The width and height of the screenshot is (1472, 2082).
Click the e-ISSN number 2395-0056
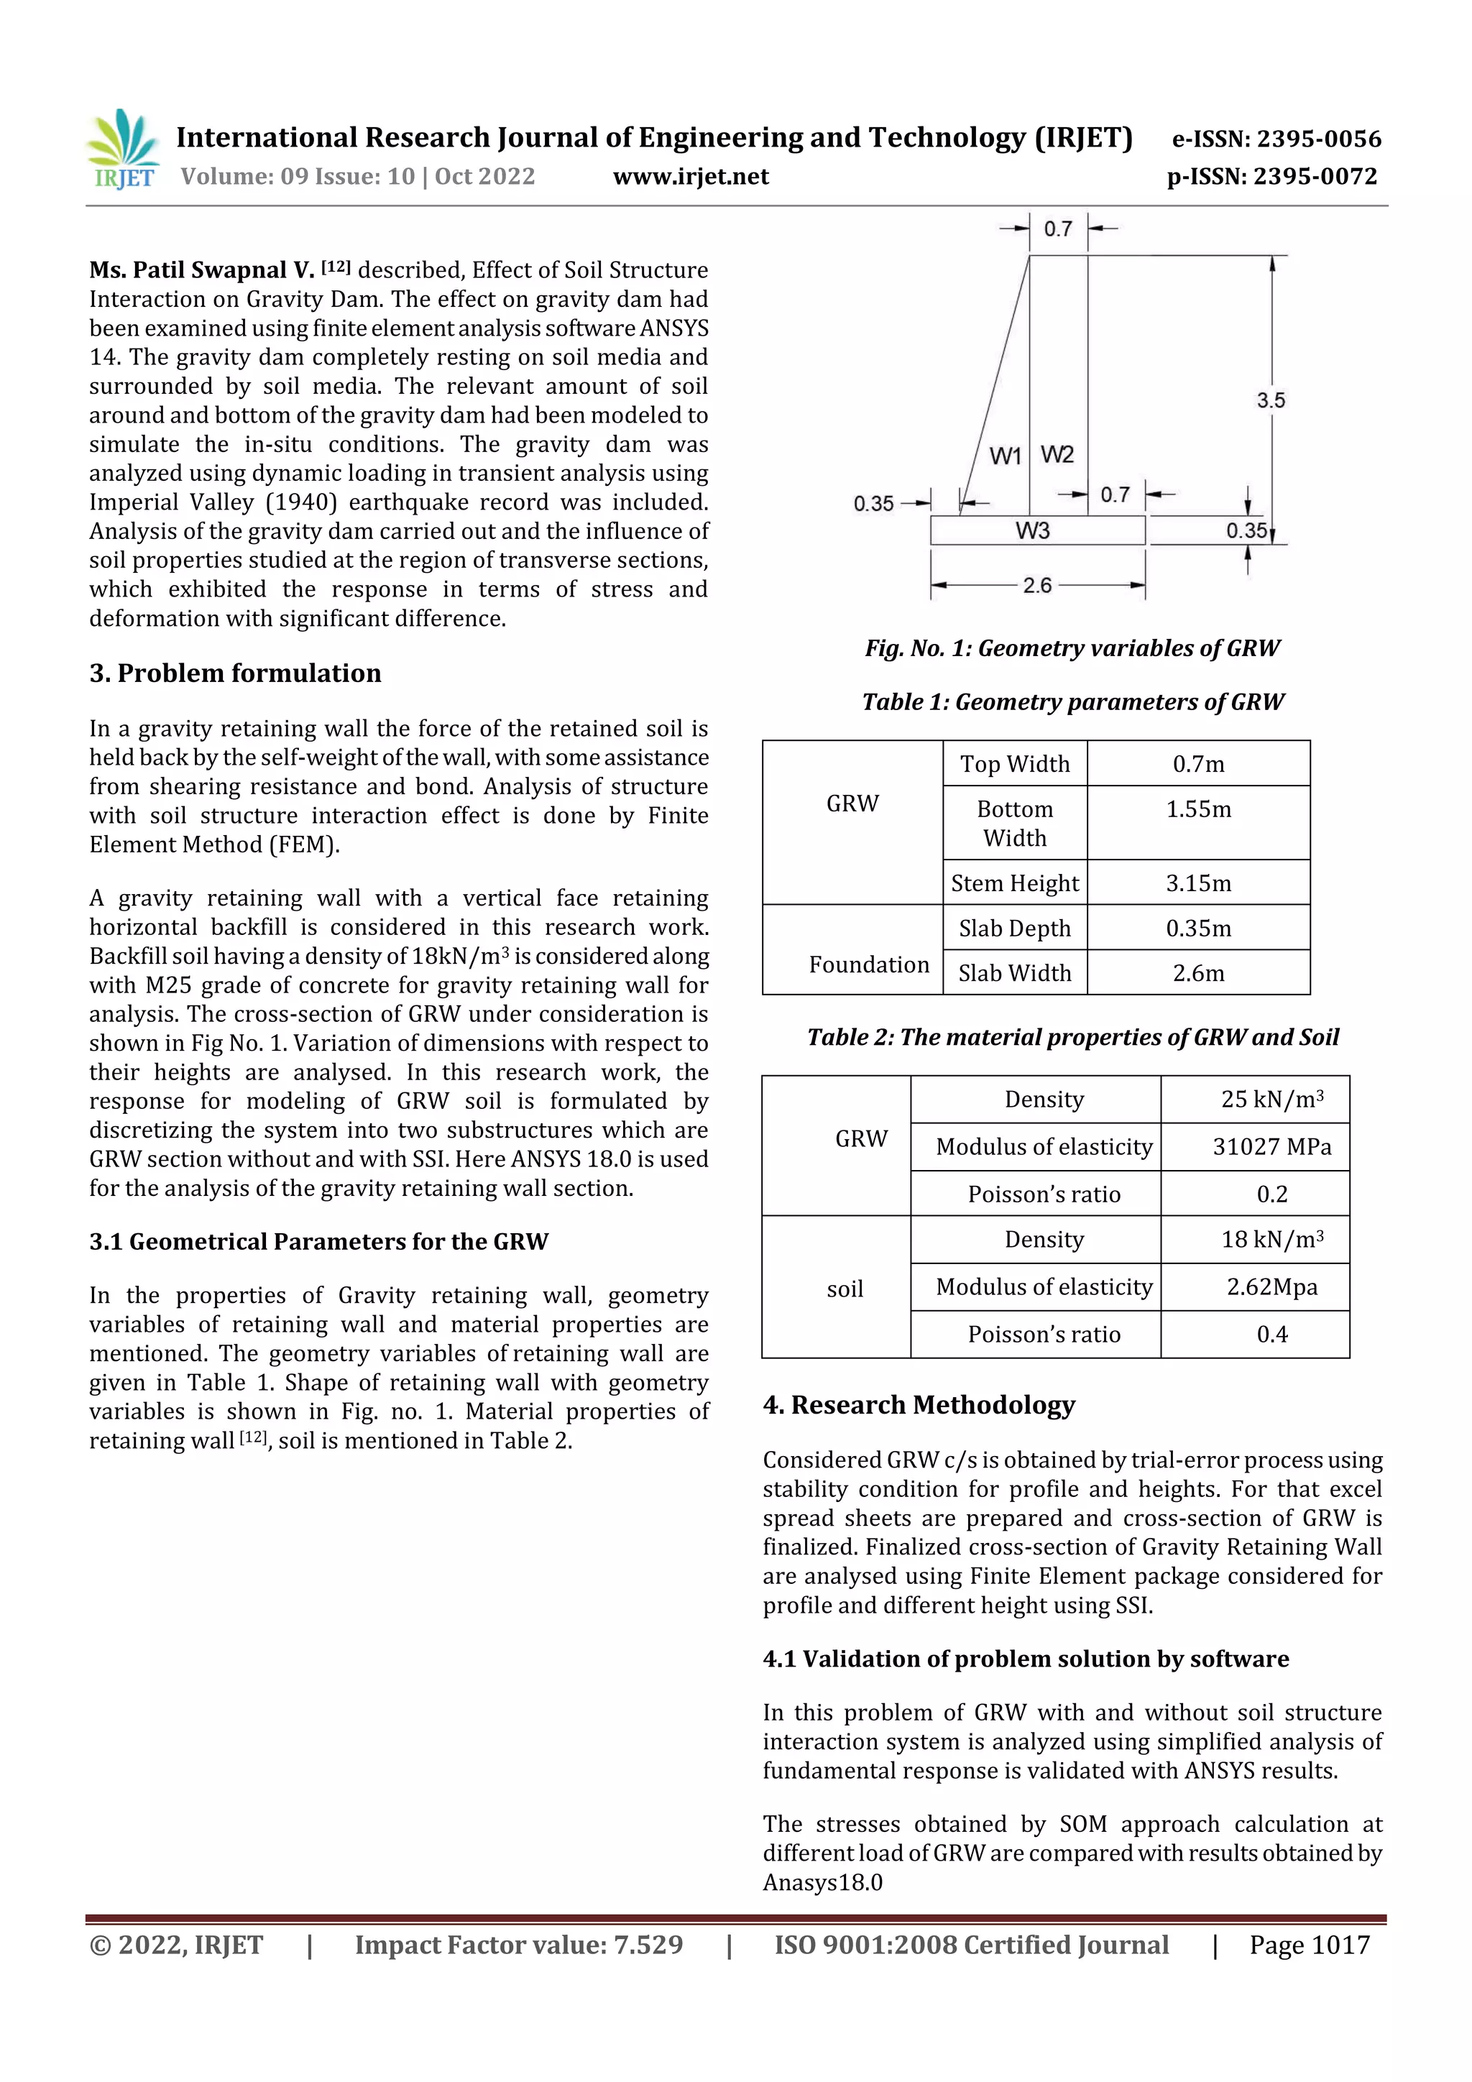pos(1276,139)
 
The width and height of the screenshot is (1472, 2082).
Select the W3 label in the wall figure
pos(1032,530)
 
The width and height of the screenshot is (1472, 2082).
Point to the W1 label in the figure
pos(1005,455)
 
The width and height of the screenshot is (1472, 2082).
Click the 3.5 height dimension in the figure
pos(1270,400)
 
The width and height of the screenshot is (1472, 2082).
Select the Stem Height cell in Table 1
pos(1014,883)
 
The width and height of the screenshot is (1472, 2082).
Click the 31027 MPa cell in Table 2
pos(1271,1146)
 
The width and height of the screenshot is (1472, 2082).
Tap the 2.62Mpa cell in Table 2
pos(1271,1286)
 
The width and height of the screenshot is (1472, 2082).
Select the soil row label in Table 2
pos(844,1289)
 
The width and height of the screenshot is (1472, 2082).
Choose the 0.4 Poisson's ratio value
pos(1271,1334)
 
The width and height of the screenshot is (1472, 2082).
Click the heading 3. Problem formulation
pos(235,673)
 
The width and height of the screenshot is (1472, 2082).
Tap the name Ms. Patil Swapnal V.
pos(201,270)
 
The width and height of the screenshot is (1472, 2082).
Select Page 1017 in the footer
pos(1309,1944)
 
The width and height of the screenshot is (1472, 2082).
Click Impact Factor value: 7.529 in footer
pos(518,1944)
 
